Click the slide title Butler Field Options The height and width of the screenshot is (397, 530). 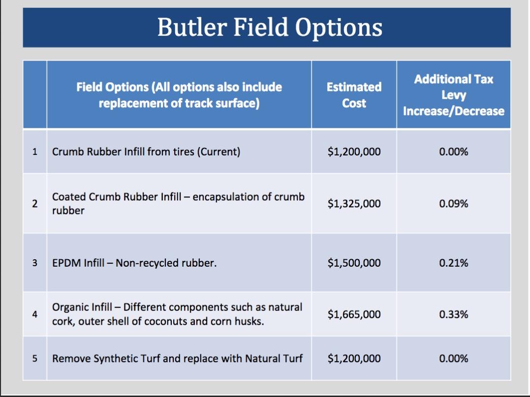pos(270,28)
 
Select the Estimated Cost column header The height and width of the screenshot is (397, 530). pos(354,95)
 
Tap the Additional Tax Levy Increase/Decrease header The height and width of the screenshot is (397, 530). pos(454,95)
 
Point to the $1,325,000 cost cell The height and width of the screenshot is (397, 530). pos(354,203)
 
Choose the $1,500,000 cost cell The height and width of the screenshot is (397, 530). pos(354,263)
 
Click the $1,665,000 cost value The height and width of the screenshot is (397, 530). pos(354,314)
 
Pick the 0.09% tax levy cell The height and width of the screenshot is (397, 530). pos(454,203)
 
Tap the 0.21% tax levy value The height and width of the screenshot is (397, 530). pos(454,263)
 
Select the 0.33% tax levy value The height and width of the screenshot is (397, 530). pos(454,314)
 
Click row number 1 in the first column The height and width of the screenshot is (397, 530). pos(35,152)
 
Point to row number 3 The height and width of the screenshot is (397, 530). pos(35,263)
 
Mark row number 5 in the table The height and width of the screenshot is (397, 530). pos(35,358)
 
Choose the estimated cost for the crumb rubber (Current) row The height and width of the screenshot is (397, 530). pos(354,152)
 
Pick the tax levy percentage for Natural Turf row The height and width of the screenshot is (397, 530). pos(454,358)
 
